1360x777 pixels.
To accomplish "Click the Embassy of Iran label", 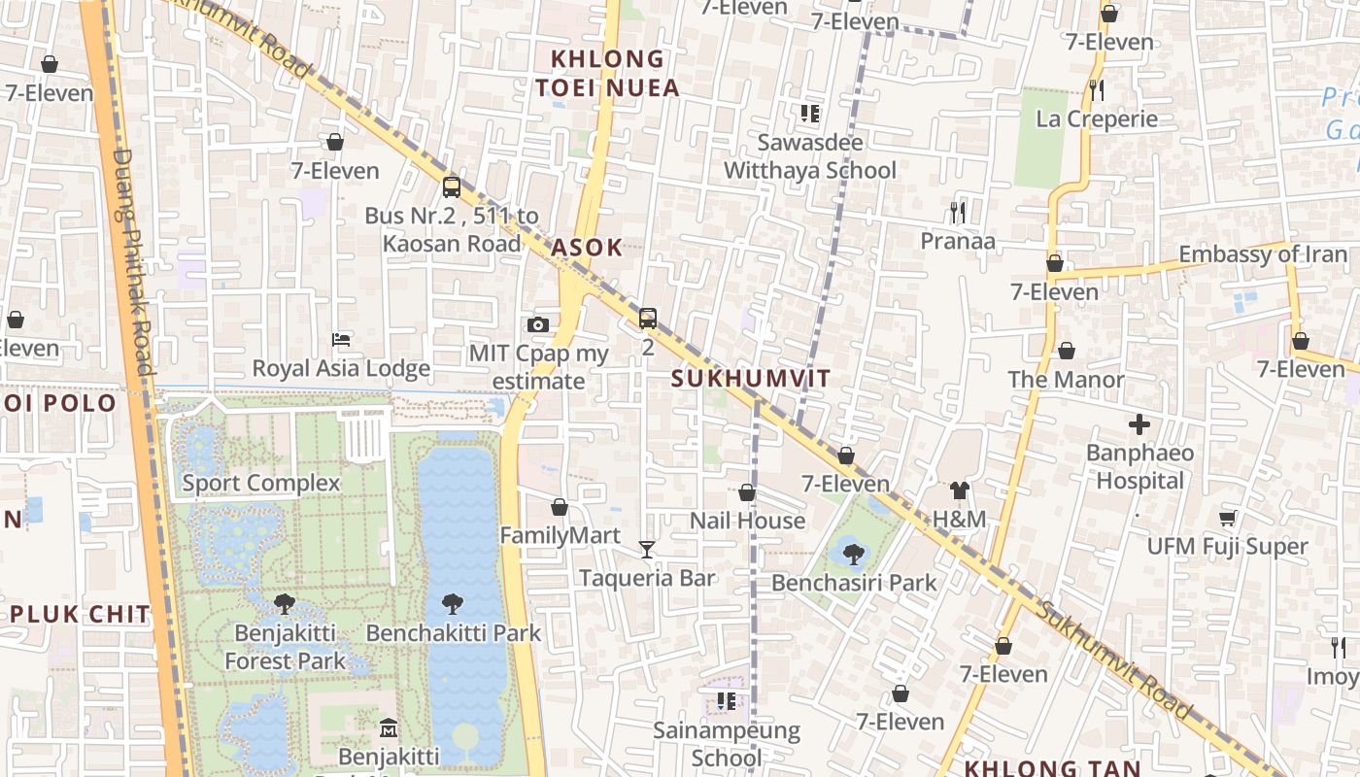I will pos(1263,254).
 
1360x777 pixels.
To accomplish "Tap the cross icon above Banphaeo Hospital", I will pos(1139,424).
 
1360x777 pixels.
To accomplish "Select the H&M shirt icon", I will pos(960,490).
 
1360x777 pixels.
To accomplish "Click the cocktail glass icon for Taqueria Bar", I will pos(647,550).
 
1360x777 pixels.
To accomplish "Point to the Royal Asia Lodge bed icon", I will pos(341,339).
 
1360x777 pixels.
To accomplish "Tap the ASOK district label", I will pos(587,247).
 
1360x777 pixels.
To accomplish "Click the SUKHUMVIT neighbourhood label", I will pos(751,379).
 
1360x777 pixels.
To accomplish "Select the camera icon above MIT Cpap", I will pos(538,324).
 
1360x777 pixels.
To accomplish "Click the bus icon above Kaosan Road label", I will pos(452,186).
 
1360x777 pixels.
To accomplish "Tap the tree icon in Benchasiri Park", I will pos(854,555).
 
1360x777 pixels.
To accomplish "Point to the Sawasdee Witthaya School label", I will pos(810,156).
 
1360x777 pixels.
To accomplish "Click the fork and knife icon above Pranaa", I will pos(958,211).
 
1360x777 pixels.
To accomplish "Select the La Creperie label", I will pos(1097,118).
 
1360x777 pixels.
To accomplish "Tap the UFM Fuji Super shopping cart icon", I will pos(1227,518).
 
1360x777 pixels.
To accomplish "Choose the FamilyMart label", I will pos(560,535).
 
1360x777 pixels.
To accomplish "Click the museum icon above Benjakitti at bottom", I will pos(389,726).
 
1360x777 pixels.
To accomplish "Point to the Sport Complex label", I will pos(261,483).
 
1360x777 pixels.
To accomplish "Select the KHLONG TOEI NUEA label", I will pos(607,73).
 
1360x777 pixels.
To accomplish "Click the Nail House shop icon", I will pos(747,492).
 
